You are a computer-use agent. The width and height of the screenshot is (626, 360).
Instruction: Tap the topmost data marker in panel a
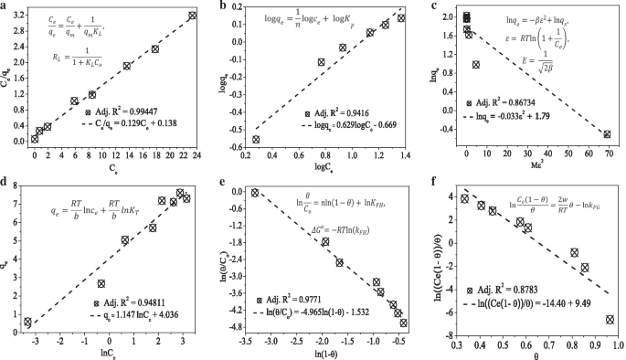tap(192, 16)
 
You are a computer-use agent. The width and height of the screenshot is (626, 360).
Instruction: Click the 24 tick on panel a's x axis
tap(200, 154)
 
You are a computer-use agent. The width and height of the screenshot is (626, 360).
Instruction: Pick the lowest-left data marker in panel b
tap(256, 139)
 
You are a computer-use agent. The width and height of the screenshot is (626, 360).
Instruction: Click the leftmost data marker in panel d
tap(28, 323)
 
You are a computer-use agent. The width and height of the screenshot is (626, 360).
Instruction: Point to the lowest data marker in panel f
tap(610, 319)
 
